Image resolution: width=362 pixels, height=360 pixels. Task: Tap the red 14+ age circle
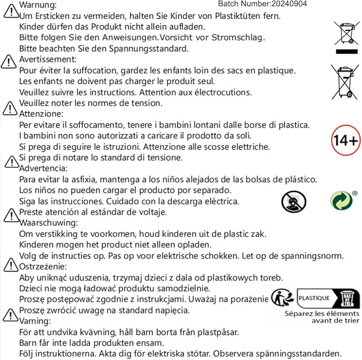pyautogui.click(x=345, y=140)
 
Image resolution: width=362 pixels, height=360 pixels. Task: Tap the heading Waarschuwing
pyautogui.click(x=49, y=223)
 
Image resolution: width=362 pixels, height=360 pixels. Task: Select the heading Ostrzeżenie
pyautogui.click(x=43, y=267)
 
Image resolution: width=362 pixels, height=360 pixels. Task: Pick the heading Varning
pyautogui.click(x=35, y=321)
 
